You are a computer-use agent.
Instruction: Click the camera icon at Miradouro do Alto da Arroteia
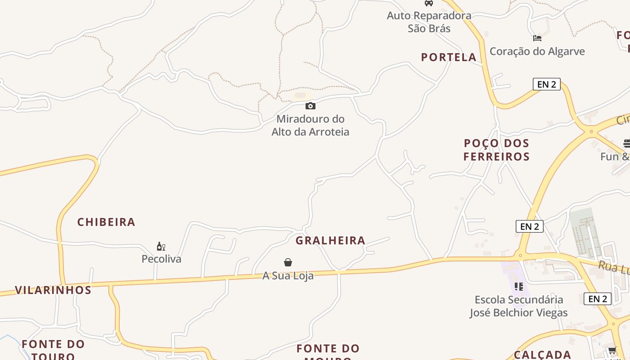pyautogui.click(x=310, y=106)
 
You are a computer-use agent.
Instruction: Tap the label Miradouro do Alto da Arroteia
pyautogui.click(x=310, y=126)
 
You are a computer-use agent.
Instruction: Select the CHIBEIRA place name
pyautogui.click(x=106, y=222)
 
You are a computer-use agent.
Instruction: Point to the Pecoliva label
pyautogui.click(x=161, y=259)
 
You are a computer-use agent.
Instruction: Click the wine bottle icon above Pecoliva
pyautogui.click(x=161, y=246)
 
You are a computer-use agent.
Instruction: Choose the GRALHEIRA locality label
pyautogui.click(x=330, y=240)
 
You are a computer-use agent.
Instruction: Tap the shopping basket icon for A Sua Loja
pyautogui.click(x=288, y=262)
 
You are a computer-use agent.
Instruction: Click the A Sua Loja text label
pyautogui.click(x=288, y=275)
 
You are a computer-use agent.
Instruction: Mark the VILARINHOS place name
pyautogui.click(x=53, y=290)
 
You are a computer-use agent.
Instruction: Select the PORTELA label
pyautogui.click(x=449, y=57)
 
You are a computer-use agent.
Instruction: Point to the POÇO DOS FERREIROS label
pyautogui.click(x=496, y=150)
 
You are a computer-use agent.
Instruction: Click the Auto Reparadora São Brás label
pyautogui.click(x=429, y=22)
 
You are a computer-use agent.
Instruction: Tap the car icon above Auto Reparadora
pyautogui.click(x=429, y=3)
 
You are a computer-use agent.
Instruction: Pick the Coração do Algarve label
pyautogui.click(x=537, y=51)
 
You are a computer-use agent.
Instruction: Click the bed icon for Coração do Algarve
pyautogui.click(x=537, y=38)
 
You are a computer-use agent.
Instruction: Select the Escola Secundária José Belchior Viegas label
pyautogui.click(x=518, y=306)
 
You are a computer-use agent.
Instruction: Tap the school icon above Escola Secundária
pyautogui.click(x=518, y=286)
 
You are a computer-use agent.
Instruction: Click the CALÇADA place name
pyautogui.click(x=542, y=355)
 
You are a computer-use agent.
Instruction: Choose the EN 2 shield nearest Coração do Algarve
pyautogui.click(x=546, y=84)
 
